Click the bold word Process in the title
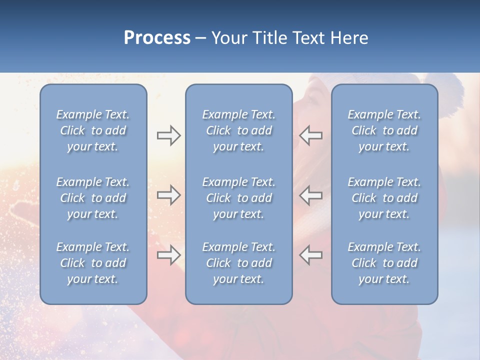pyautogui.click(x=157, y=38)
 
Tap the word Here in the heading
pyautogui.click(x=349, y=38)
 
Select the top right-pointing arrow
pyautogui.click(x=168, y=135)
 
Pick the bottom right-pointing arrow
pyautogui.click(x=168, y=255)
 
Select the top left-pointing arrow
pyautogui.click(x=311, y=135)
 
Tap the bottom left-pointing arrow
pyautogui.click(x=311, y=255)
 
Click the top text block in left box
pyautogui.click(x=93, y=130)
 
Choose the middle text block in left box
pyautogui.click(x=93, y=198)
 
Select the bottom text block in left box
pyautogui.click(x=93, y=263)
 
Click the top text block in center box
pyautogui.click(x=238, y=130)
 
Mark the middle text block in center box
pyautogui.click(x=238, y=198)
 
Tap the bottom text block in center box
pyautogui.click(x=238, y=263)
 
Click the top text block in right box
pyautogui.click(x=384, y=130)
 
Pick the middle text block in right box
pyautogui.click(x=384, y=198)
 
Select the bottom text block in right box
pyautogui.click(x=384, y=263)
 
